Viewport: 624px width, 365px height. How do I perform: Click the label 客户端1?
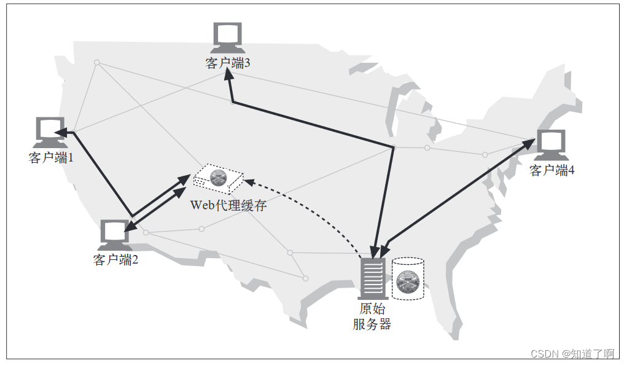tap(51, 158)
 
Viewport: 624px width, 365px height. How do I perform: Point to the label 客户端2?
tap(115, 260)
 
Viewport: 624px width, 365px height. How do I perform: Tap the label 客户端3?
tap(228, 63)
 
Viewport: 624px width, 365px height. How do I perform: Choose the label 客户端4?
tap(552, 171)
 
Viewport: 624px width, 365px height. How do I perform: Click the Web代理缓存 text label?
tap(228, 205)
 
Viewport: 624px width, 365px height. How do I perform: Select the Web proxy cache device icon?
tap(218, 179)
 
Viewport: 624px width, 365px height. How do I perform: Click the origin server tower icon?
tap(372, 278)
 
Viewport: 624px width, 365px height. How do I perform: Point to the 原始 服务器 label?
tap(372, 316)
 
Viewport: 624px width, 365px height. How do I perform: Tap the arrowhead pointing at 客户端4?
tap(529, 145)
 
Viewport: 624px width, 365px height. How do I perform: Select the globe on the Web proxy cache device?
tap(217, 178)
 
